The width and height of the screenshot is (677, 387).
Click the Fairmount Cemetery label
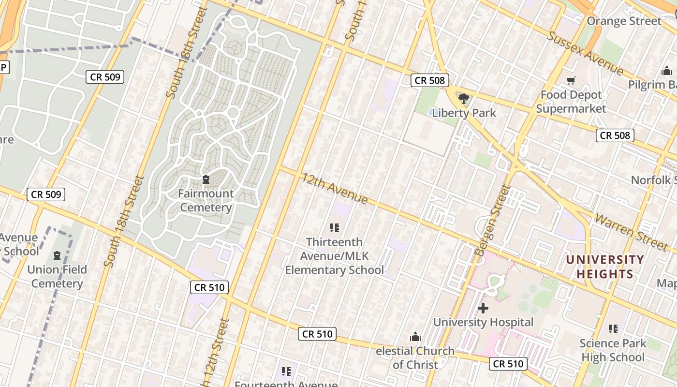pyautogui.click(x=206, y=201)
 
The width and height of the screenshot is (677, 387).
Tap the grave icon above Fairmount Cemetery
pyautogui.click(x=206, y=180)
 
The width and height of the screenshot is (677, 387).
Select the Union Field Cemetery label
pyautogui.click(x=57, y=276)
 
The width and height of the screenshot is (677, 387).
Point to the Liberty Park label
pyautogui.click(x=464, y=113)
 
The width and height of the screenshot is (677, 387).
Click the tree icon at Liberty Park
pyautogui.click(x=464, y=99)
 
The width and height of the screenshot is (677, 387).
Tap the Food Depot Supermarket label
pyautogui.click(x=571, y=102)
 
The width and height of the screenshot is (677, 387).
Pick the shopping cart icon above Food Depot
pyautogui.click(x=571, y=81)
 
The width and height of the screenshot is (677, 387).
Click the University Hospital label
pyautogui.click(x=483, y=322)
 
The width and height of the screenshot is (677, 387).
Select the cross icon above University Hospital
pyautogui.click(x=483, y=308)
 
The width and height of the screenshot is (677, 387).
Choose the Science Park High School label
pyautogui.click(x=613, y=350)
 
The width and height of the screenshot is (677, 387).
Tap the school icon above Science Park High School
pyautogui.click(x=613, y=329)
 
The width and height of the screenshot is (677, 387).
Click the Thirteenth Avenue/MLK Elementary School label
pyautogui.click(x=334, y=255)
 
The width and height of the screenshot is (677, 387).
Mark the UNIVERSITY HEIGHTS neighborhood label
pyautogui.click(x=605, y=267)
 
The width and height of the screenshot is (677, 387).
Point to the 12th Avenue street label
pyautogui.click(x=335, y=189)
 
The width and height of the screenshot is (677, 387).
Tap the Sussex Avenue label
pyautogui.click(x=586, y=53)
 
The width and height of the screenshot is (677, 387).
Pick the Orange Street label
pyautogui.click(x=624, y=21)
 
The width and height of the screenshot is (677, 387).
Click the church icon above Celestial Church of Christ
pyautogui.click(x=415, y=337)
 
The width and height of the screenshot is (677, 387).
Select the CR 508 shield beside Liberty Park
pyautogui.click(x=430, y=80)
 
